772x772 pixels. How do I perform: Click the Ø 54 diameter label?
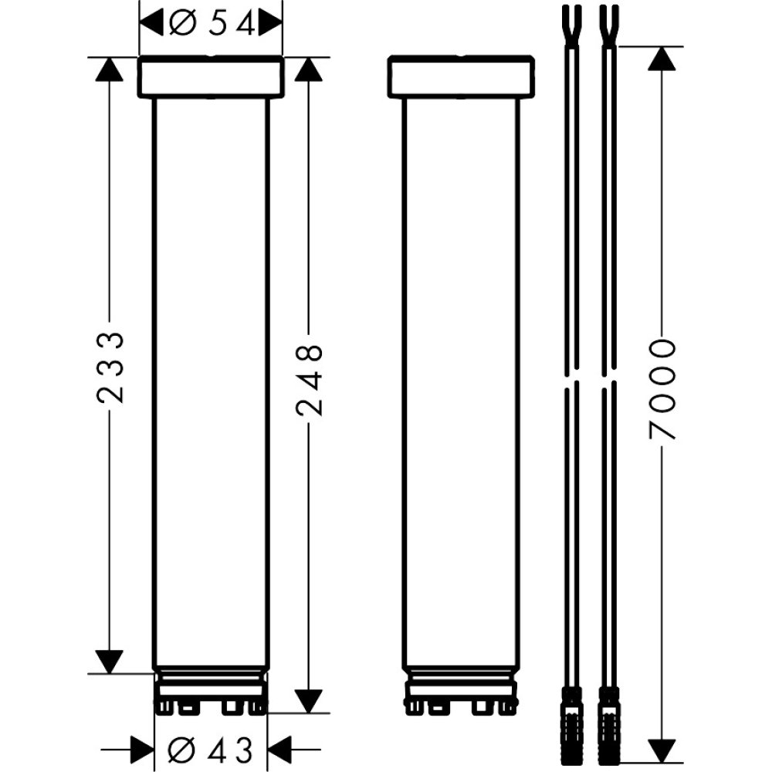[210, 25]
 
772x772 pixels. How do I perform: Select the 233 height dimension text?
[110, 367]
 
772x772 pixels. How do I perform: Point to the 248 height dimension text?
[309, 381]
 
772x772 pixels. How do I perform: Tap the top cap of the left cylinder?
[211, 77]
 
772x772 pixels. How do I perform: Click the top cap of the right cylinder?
[461, 77]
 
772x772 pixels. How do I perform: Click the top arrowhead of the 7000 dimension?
[662, 60]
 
